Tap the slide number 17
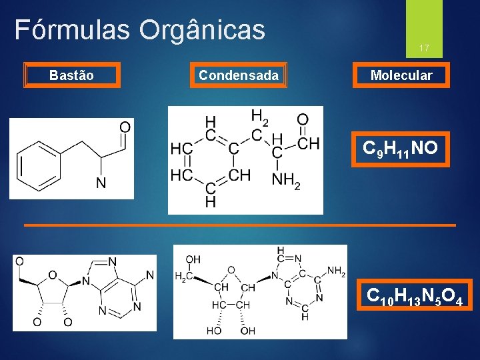pyautogui.click(x=423, y=48)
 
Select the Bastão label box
pyautogui.click(x=71, y=75)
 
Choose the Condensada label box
pyautogui.click(x=239, y=75)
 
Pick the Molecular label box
pyautogui.click(x=401, y=75)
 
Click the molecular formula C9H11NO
pyautogui.click(x=400, y=148)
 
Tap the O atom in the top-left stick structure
pyautogui.click(x=125, y=127)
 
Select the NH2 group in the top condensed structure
pyautogui.click(x=285, y=179)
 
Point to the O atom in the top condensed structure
pyautogui.click(x=302, y=121)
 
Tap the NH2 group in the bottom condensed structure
pyautogui.click(x=336, y=271)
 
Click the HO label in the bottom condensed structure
pyautogui.click(x=214, y=331)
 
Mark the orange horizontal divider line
pyautogui.click(x=240, y=225)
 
